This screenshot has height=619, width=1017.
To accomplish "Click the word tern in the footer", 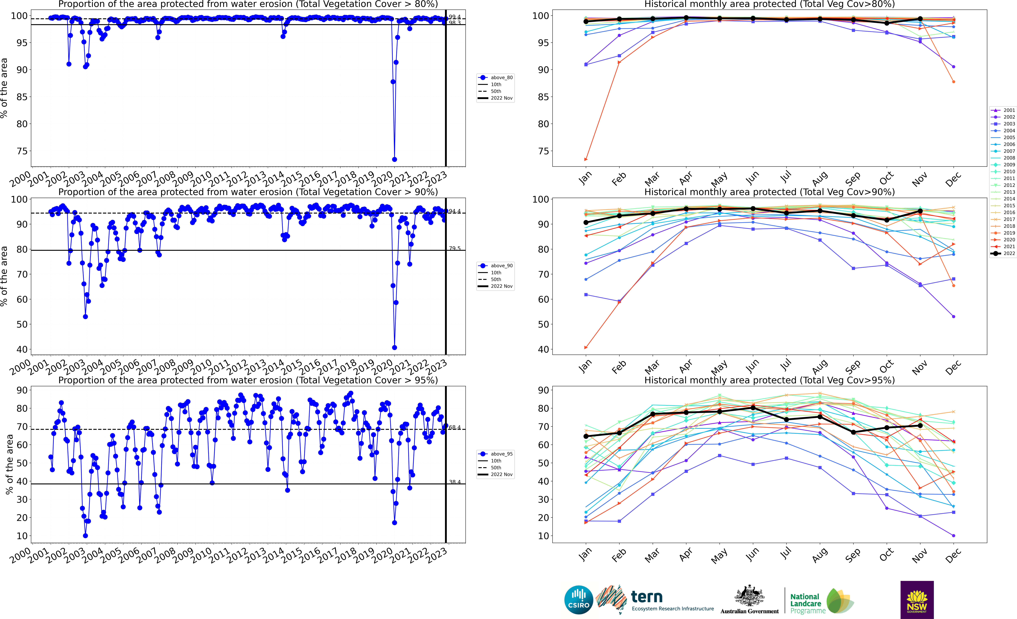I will pos(647,597).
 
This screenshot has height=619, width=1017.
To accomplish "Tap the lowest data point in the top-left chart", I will pos(394,159).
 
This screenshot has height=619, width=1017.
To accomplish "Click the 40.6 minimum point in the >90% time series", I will pos(394,347).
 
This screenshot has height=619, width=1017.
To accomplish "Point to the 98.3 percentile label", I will pos(455,23).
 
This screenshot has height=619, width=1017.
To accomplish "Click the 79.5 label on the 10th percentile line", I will pos(455,248).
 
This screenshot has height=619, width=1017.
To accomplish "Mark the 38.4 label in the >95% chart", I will pos(455,482).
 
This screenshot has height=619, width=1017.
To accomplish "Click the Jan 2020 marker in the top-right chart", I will pos(586,159).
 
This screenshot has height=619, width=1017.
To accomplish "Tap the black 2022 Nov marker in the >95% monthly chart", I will pos(920,425).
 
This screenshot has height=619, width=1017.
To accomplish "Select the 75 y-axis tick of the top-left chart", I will pos(22,151).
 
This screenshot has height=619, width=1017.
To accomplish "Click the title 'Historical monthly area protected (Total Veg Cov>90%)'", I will pos(769,192).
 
